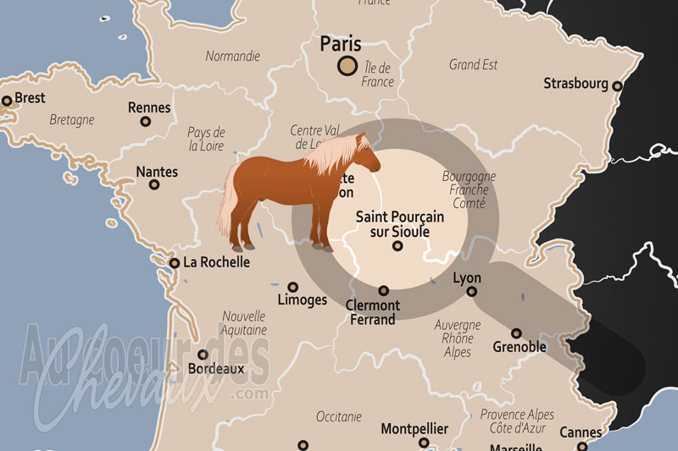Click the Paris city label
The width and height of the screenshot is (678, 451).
(x=339, y=44)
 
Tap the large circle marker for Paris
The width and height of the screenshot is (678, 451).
(x=347, y=66)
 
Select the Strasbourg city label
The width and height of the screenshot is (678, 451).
(x=575, y=84)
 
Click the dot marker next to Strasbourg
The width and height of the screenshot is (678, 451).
(x=617, y=85)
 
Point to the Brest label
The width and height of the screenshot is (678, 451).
(x=30, y=98)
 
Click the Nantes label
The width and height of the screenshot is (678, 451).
(x=157, y=172)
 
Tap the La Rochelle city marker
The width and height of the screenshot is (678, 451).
(x=175, y=263)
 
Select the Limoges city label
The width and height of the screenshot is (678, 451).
(x=302, y=300)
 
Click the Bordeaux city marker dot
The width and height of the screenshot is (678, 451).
(x=203, y=355)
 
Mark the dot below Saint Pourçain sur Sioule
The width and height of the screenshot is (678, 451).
(x=396, y=247)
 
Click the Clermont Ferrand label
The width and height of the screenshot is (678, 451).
(x=373, y=312)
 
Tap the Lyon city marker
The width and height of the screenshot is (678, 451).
(x=472, y=292)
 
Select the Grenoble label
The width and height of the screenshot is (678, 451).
(x=520, y=347)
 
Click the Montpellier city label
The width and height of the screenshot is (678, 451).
(x=414, y=429)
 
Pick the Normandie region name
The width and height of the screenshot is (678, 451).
(x=232, y=57)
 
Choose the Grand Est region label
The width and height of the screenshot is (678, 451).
(x=473, y=64)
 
